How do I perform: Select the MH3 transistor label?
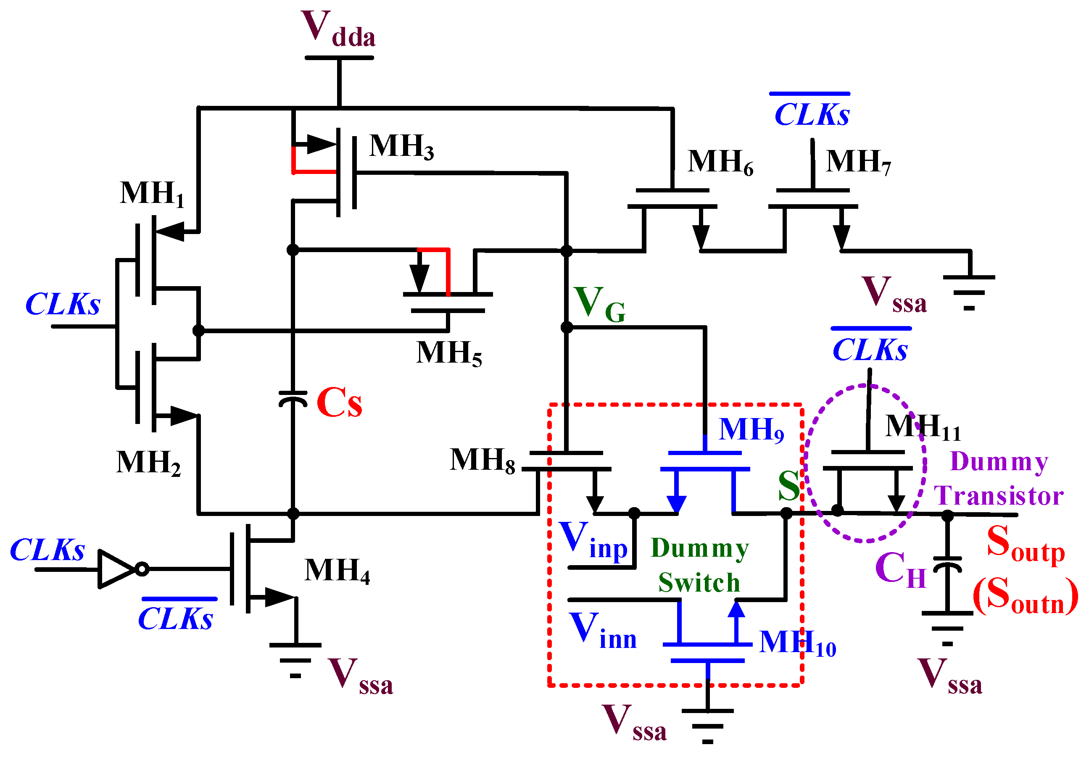point(401,147)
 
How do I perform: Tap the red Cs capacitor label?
point(339,403)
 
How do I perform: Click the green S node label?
point(789,486)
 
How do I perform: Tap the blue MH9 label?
point(751,429)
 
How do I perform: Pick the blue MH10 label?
point(797,643)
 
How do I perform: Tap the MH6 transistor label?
point(720,163)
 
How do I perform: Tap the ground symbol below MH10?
point(707,725)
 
